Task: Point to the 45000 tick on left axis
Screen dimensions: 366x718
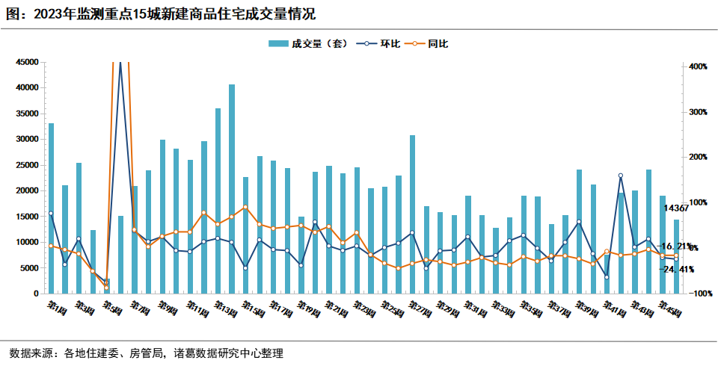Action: point(26,63)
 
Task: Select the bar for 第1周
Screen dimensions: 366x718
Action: point(51,209)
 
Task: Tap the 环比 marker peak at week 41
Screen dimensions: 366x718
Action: point(621,176)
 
